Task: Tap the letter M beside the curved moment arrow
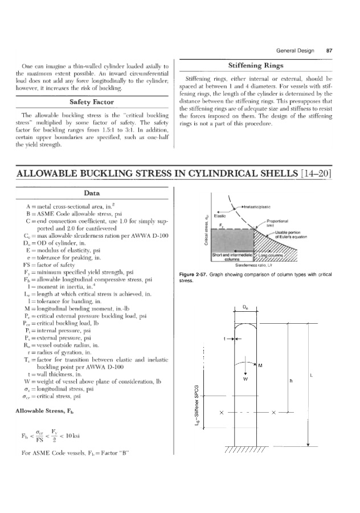(x=260, y=365)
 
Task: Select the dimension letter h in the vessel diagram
(x=291, y=381)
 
